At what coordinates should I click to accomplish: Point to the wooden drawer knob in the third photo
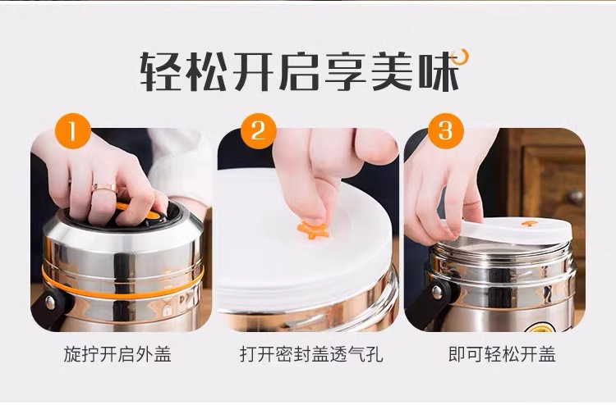[576, 197]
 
